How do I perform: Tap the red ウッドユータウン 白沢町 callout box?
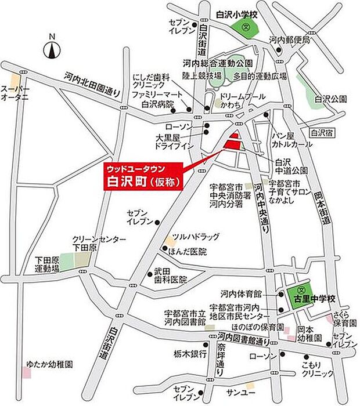[x=143, y=175]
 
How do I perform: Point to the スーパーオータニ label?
[x=16, y=93]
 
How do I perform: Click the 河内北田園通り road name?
[x=92, y=85]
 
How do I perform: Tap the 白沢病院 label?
[x=158, y=105]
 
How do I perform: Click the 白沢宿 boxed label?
[x=321, y=133]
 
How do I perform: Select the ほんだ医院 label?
[x=188, y=252]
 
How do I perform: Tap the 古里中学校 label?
[x=314, y=299]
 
